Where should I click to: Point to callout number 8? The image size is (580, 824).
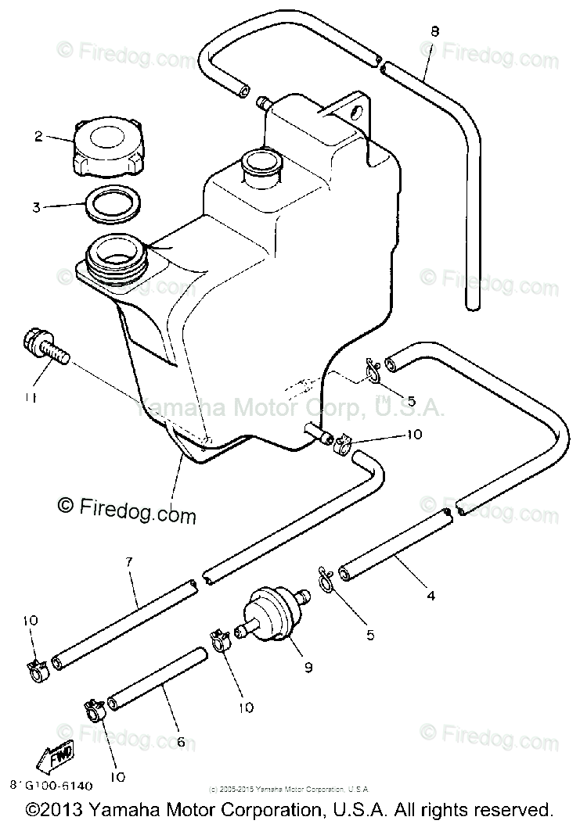pyautogui.click(x=435, y=31)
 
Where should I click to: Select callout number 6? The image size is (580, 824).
pyautogui.click(x=181, y=741)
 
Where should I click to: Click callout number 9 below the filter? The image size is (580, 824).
pyautogui.click(x=308, y=667)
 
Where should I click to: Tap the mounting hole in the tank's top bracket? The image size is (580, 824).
pyautogui.click(x=358, y=113)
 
